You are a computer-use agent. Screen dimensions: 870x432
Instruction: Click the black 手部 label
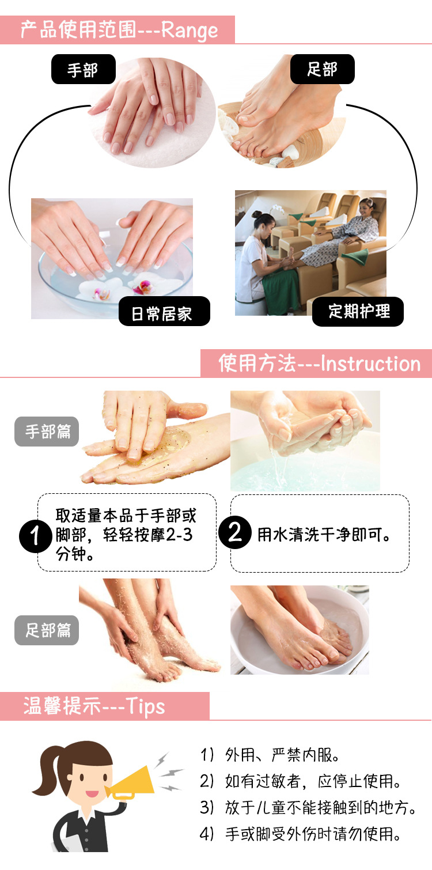pos(83,70)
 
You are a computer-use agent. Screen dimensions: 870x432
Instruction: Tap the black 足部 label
pos(322,70)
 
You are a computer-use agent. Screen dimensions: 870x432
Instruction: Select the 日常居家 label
pos(164,313)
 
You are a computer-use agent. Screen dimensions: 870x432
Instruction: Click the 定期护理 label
pos(358,312)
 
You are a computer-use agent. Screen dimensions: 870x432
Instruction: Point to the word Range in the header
pos(190,30)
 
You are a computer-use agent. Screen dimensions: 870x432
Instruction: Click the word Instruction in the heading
pos(370,364)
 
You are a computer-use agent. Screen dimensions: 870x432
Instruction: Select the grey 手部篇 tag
pos(47,432)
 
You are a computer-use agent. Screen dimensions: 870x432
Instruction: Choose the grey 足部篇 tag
pos(47,630)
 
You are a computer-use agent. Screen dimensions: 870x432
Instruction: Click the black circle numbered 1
pos(36,536)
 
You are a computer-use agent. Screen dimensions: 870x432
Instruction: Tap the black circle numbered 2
pos(235,533)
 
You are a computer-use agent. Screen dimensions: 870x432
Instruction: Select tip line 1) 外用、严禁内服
pos(270,754)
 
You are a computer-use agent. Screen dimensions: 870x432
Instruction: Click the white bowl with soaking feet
pos(300,631)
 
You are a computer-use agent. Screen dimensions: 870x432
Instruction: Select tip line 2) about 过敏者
pos(300,781)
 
